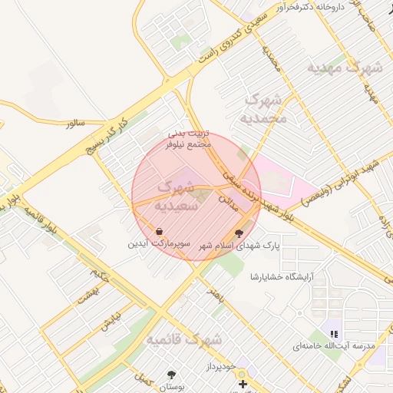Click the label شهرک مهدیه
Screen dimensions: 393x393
pyautogui.click(x=345, y=68)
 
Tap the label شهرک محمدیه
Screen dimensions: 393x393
pyautogui.click(x=263, y=108)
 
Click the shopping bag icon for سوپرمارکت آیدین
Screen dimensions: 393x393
pyautogui.click(x=159, y=231)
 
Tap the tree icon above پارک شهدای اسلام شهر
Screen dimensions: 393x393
pyautogui.click(x=241, y=233)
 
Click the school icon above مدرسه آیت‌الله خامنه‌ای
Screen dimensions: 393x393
pyautogui.click(x=334, y=334)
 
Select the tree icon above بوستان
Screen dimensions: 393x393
pyautogui.click(x=171, y=375)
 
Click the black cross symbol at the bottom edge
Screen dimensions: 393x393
pyautogui.click(x=243, y=384)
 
